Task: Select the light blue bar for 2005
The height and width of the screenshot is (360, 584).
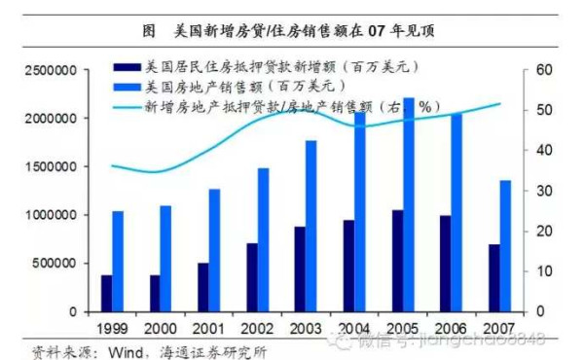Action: tap(410, 204)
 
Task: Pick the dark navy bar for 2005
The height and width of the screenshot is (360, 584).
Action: tap(397, 260)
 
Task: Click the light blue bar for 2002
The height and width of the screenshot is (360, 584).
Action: tap(263, 239)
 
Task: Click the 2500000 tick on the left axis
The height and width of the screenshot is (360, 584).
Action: tap(48, 71)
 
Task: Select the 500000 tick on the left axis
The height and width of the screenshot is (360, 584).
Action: tap(54, 263)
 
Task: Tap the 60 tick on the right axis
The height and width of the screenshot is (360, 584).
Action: tap(543, 71)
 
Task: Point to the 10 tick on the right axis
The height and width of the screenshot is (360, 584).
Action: tap(543, 271)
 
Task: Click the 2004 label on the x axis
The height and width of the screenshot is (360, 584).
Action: tap(353, 327)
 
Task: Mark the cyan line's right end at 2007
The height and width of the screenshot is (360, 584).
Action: tap(500, 104)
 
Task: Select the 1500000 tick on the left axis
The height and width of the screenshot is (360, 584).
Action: tap(48, 166)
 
